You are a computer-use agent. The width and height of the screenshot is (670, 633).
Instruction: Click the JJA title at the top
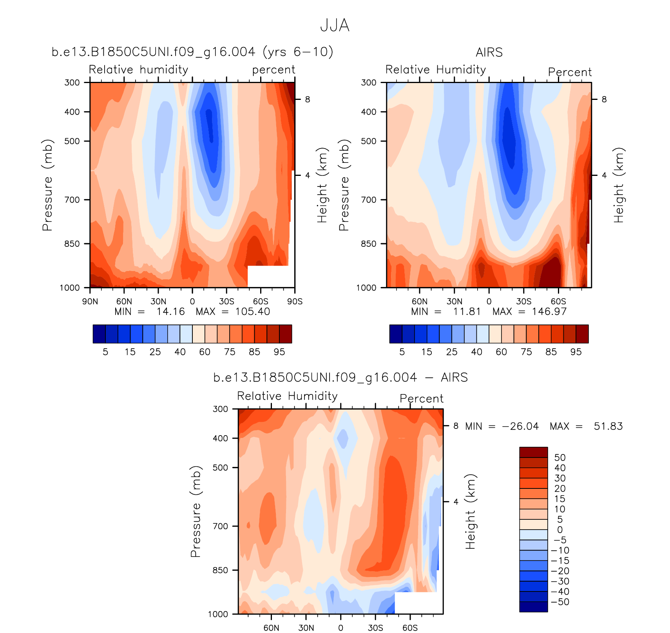[x=335, y=26]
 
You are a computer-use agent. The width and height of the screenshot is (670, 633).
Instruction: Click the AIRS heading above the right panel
[x=489, y=52]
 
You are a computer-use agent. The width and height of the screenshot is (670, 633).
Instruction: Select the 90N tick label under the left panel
[x=90, y=302]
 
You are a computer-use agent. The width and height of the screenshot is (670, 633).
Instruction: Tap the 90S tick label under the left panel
[x=295, y=302]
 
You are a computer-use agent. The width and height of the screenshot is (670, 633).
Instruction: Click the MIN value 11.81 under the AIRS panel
[x=467, y=312]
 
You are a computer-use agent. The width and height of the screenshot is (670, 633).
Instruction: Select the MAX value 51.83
[x=608, y=426]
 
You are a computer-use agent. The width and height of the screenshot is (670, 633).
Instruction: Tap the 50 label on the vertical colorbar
[x=560, y=458]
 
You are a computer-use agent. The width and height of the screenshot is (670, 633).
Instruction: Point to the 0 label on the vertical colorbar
[x=560, y=530]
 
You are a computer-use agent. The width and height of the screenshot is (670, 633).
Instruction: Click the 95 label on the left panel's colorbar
[x=279, y=352]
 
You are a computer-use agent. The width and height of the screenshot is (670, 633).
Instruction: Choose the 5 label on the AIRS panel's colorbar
[x=402, y=352]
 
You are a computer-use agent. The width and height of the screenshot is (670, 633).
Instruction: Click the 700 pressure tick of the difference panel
[x=220, y=526]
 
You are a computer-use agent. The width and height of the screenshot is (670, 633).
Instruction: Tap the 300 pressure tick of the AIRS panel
[x=368, y=83]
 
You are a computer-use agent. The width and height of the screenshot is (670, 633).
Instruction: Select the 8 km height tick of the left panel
[x=308, y=99]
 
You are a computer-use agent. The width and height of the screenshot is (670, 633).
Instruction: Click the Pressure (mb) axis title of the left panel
[x=47, y=185]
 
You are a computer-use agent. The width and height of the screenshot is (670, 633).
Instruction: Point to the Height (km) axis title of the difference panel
[x=470, y=511]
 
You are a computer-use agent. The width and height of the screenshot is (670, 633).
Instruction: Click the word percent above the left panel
[x=273, y=70]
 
